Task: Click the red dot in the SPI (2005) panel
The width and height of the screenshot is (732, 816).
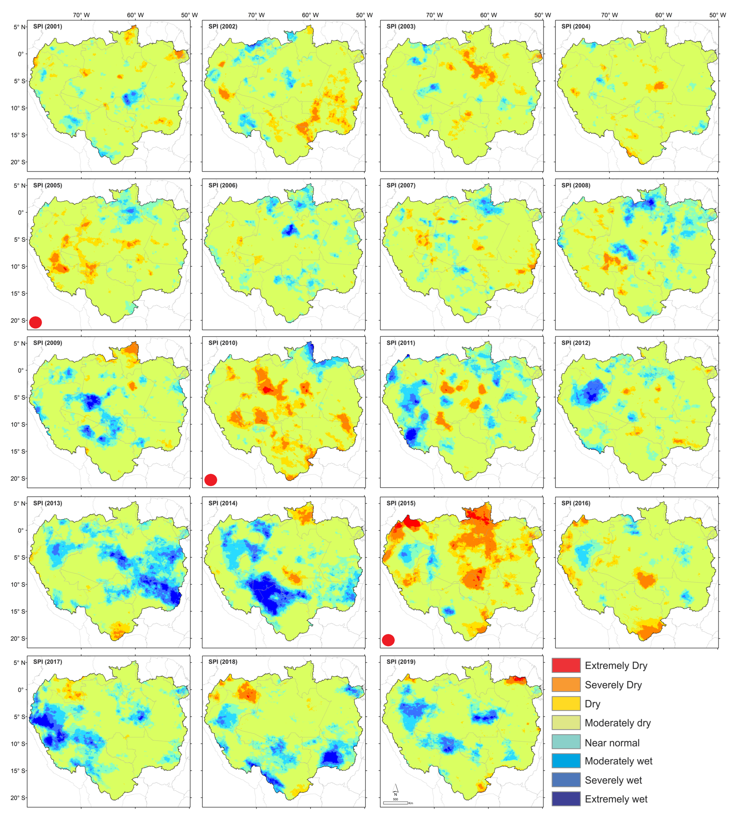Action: click(35, 322)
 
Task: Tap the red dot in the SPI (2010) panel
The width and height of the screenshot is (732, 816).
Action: click(211, 480)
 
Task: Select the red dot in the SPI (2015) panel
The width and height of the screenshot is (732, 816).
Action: click(388, 640)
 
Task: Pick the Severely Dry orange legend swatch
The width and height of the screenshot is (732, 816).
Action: click(566, 684)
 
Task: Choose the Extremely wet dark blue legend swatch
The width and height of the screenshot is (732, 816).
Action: click(566, 799)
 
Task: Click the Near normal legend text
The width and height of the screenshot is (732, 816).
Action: click(612, 743)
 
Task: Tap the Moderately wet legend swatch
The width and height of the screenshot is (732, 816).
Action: click(566, 761)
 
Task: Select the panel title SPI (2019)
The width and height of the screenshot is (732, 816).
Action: click(401, 662)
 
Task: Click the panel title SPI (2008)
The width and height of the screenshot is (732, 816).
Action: click(576, 185)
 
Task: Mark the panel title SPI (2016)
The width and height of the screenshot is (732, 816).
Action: click(576, 503)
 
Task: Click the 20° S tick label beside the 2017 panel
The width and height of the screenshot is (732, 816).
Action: click(18, 798)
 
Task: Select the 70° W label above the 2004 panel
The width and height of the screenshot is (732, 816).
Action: click(609, 15)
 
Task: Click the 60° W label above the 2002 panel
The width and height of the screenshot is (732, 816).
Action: click(310, 15)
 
